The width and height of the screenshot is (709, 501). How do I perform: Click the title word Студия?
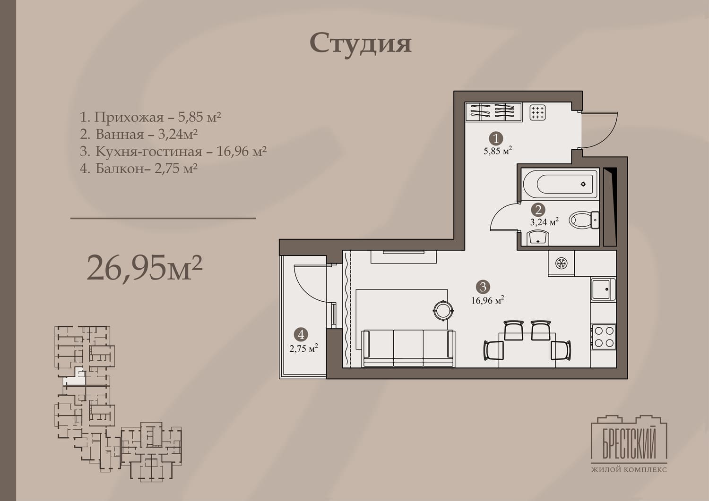click(x=361, y=44)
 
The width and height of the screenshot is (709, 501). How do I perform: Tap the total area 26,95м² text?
click(x=144, y=268)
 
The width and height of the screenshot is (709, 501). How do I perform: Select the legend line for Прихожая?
click(x=150, y=117)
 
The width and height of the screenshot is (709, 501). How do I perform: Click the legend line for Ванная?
click(x=139, y=134)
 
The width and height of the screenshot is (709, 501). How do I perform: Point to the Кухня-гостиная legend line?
click(x=173, y=151)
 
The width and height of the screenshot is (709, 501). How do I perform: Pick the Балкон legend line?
click(x=138, y=168)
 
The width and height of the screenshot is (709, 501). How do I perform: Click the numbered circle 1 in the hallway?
click(x=496, y=138)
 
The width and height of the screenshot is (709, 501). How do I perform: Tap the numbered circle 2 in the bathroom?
click(x=538, y=210)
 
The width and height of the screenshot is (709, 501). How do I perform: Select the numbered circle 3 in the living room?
click(x=483, y=287)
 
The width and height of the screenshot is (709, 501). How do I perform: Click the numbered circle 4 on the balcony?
click(x=301, y=334)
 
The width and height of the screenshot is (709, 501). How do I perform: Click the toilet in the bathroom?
click(x=584, y=220)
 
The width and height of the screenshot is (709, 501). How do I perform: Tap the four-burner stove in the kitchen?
click(x=604, y=337)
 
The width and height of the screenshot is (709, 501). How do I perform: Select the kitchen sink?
click(x=603, y=289)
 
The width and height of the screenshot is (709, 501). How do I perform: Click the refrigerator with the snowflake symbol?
click(x=561, y=263)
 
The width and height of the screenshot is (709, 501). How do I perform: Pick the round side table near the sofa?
click(x=443, y=310)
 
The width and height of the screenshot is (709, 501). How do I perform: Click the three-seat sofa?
click(x=409, y=348)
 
